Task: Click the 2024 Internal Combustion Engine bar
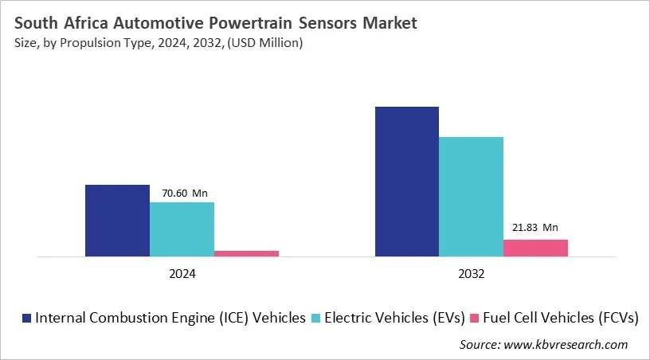tap(117, 221)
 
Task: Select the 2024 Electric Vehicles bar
tap(182, 229)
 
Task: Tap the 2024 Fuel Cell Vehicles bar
tap(246, 253)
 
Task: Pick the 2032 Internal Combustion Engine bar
tap(406, 182)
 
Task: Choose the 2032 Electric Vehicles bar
tap(471, 197)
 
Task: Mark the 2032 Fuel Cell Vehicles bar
tap(535, 248)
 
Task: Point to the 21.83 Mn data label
tap(535, 227)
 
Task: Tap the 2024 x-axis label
tap(182, 273)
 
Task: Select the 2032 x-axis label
tap(471, 273)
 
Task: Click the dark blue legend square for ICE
tap(27, 318)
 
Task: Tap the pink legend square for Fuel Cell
tap(477, 318)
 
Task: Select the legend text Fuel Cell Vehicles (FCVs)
tap(563, 318)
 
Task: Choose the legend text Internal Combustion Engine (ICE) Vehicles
tap(170, 318)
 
